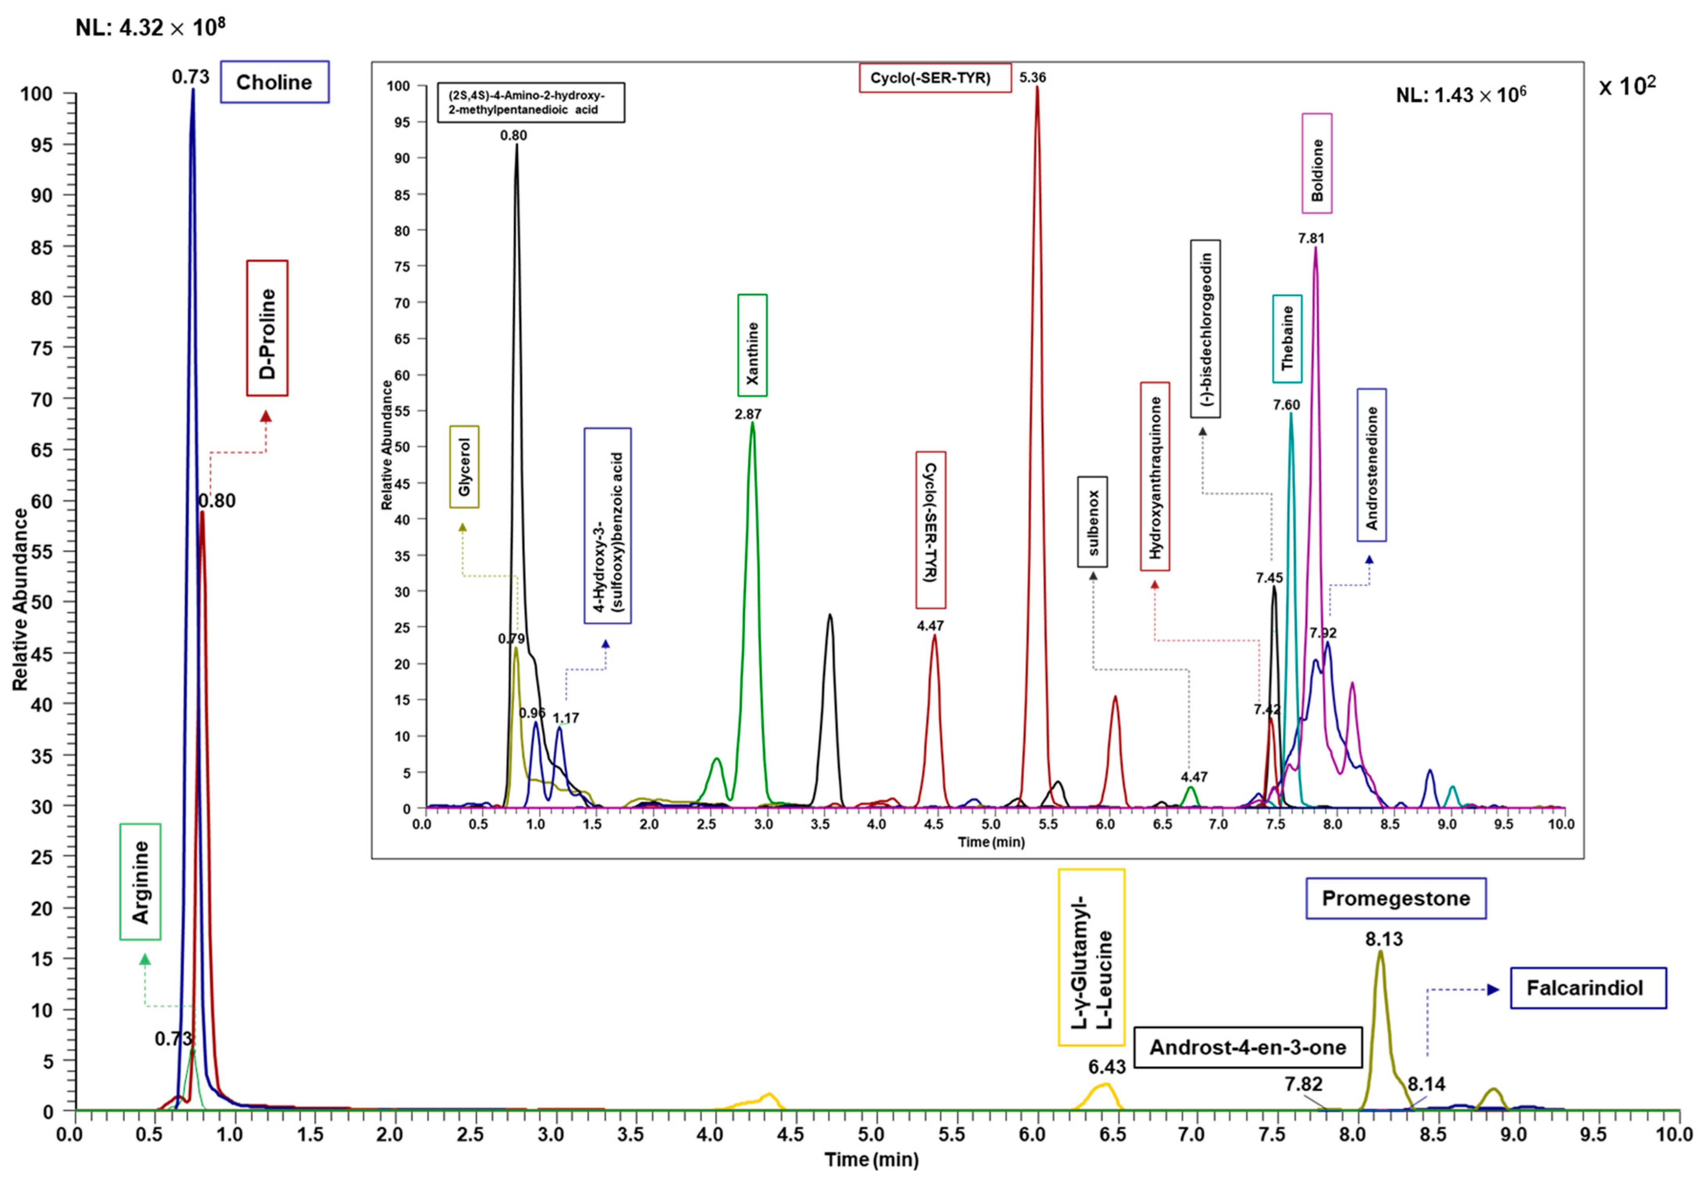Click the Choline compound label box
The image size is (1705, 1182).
[274, 82]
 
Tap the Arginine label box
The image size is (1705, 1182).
[140, 882]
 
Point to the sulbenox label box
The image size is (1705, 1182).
[1092, 522]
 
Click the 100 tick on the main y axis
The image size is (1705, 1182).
[36, 94]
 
